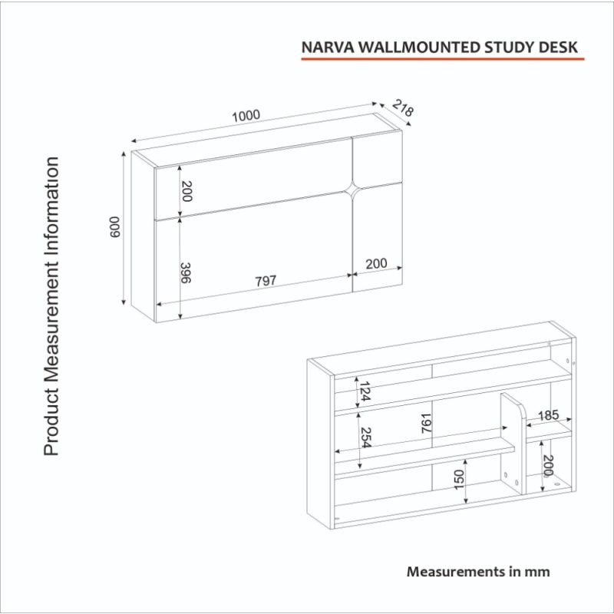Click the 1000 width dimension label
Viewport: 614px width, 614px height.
pos(246,116)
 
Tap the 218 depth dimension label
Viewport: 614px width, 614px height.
pos(402,108)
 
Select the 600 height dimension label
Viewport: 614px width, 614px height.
pos(114,226)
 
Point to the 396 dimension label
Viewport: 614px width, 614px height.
pos(185,272)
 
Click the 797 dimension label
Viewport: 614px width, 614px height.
pos(266,280)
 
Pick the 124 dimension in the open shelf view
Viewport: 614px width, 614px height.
pos(365,391)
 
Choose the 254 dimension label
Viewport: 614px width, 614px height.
pos(365,437)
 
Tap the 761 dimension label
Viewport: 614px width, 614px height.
pos(426,423)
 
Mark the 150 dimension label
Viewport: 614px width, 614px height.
pos(458,479)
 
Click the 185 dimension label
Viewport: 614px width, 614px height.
pos(548,415)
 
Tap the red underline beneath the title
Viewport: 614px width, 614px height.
pos(443,59)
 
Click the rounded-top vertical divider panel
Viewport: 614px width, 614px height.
pos(513,444)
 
